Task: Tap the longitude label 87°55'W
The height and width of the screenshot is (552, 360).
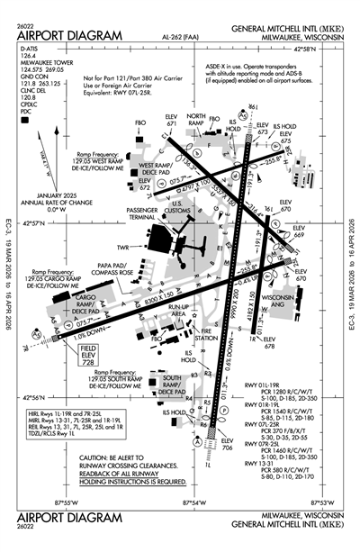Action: tap(68, 503)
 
